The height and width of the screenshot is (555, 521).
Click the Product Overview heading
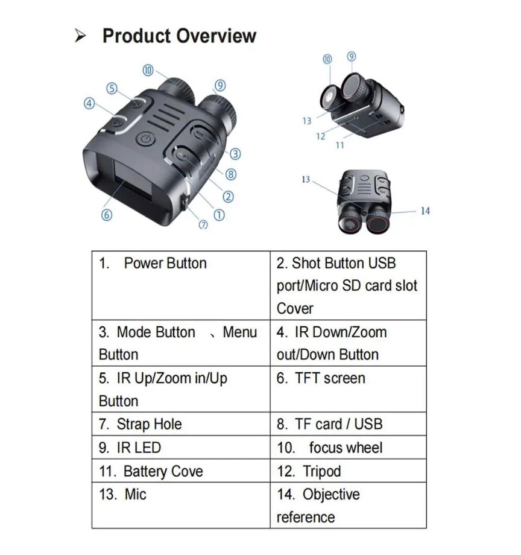click(x=179, y=36)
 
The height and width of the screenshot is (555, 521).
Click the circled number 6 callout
click(x=107, y=214)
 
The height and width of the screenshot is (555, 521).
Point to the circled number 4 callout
click(x=90, y=103)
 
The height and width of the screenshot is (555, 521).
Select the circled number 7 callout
click(x=203, y=224)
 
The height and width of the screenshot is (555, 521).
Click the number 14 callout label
click(x=425, y=211)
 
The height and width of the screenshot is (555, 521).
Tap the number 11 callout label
click(x=340, y=145)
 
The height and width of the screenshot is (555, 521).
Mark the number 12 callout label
click(x=321, y=136)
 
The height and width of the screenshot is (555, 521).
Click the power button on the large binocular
click(x=144, y=140)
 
